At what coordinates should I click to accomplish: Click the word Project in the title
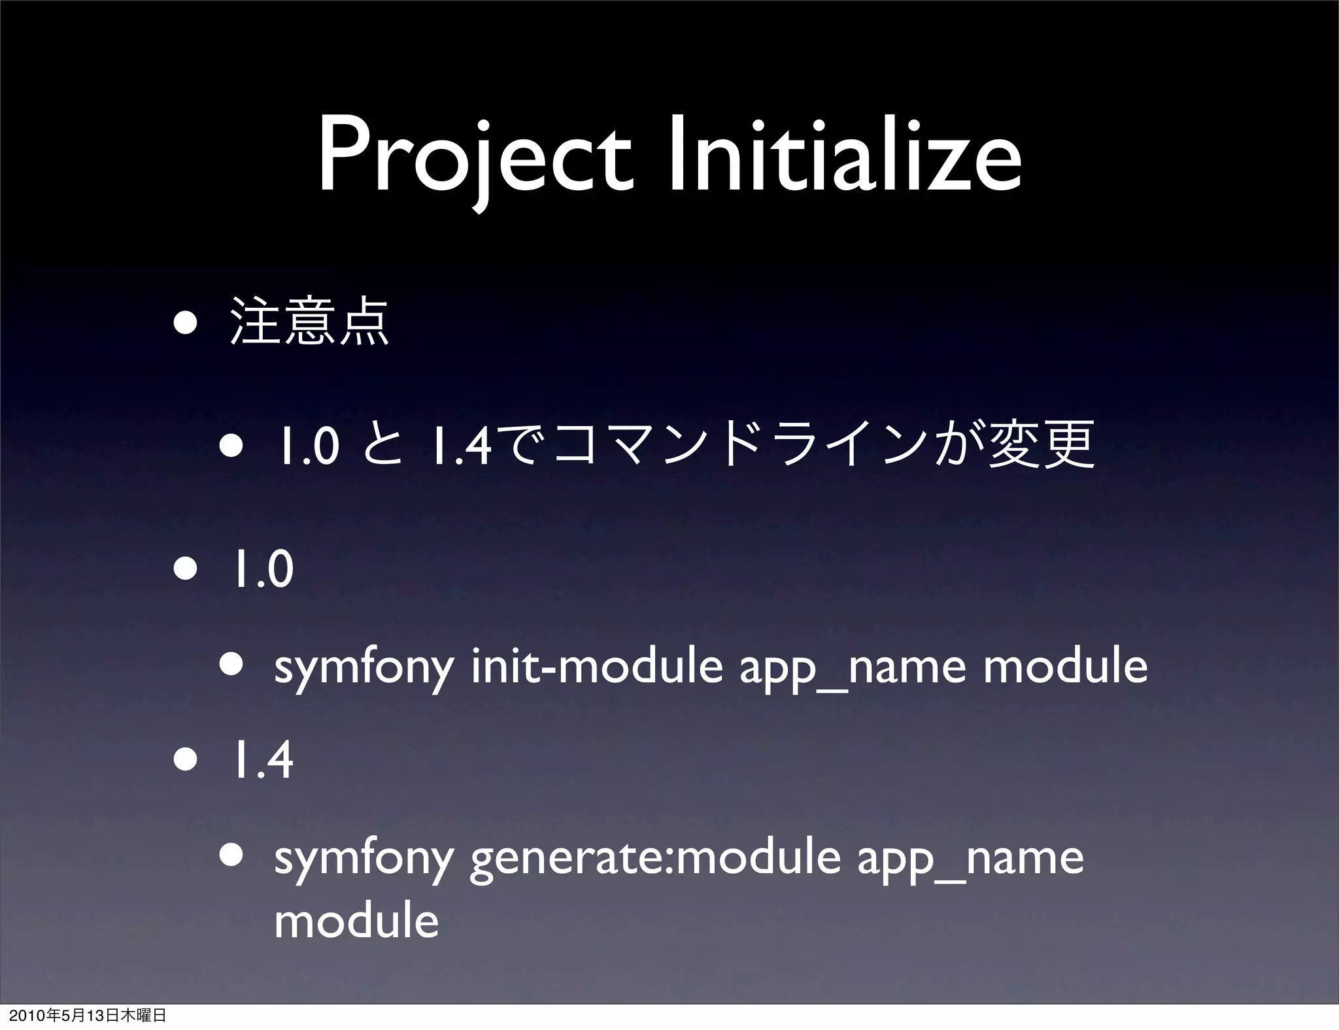pos(476,158)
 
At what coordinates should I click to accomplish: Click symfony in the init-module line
pos(364,668)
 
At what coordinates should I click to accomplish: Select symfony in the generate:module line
pos(364,860)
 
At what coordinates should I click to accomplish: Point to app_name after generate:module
pos(970,860)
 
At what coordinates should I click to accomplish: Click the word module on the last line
pos(356,920)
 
